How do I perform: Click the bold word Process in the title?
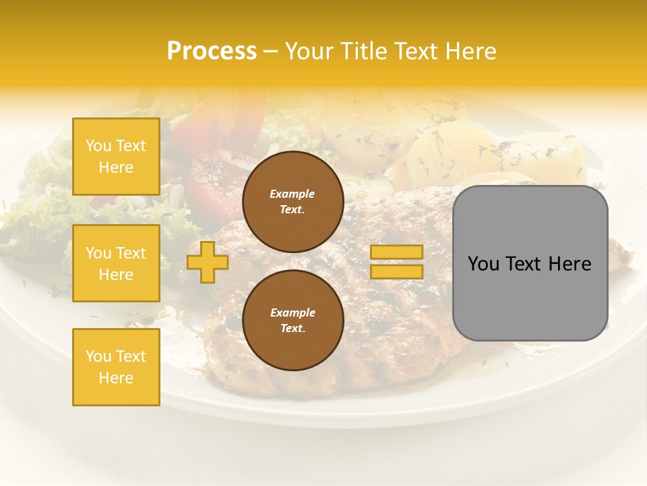[x=212, y=51]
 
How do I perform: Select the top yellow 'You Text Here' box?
[x=116, y=157]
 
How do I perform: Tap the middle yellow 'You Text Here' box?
[x=116, y=263]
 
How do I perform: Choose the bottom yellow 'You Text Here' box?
[x=116, y=367]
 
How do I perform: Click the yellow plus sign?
[x=207, y=263]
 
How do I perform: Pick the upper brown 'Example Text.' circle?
[x=293, y=202]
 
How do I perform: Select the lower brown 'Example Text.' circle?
[x=293, y=321]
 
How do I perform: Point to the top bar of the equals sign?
[x=396, y=252]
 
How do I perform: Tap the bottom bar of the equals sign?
[x=396, y=271]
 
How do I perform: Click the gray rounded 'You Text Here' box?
[x=530, y=263]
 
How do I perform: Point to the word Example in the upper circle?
[x=292, y=194]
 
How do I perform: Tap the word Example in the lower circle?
[x=292, y=313]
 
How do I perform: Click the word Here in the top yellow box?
[x=116, y=167]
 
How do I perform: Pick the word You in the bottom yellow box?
[x=98, y=356]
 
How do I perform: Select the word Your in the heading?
[x=309, y=51]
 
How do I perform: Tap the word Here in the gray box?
[x=571, y=264]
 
